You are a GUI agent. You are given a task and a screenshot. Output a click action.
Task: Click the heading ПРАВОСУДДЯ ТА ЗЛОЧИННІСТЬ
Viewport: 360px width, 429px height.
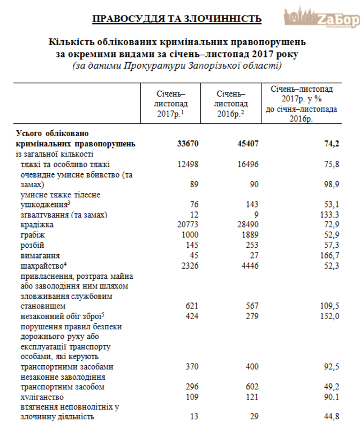click(177, 19)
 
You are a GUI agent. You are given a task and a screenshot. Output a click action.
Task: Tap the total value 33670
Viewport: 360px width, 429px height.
click(187, 144)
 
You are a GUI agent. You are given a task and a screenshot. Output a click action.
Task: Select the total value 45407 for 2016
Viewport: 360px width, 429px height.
click(247, 144)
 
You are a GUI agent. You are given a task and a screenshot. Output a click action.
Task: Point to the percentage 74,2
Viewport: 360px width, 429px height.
click(329, 144)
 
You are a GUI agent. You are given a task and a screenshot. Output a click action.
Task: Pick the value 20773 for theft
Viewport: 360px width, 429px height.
click(187, 225)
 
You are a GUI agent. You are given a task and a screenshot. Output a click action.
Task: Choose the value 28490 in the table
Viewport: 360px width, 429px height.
click(247, 225)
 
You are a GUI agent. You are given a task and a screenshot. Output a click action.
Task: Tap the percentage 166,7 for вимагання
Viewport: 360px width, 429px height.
click(328, 255)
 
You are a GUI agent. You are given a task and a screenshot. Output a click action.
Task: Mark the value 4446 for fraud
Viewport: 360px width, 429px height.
click(249, 265)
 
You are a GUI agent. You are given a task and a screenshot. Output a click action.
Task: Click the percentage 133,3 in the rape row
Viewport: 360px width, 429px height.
click(328, 214)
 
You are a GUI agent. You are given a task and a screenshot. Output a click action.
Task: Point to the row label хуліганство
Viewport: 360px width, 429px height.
click(42, 397)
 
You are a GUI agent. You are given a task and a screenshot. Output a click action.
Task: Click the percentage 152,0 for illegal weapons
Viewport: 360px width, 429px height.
click(328, 316)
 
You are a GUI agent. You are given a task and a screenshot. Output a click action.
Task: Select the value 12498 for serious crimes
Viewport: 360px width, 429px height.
click(187, 164)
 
